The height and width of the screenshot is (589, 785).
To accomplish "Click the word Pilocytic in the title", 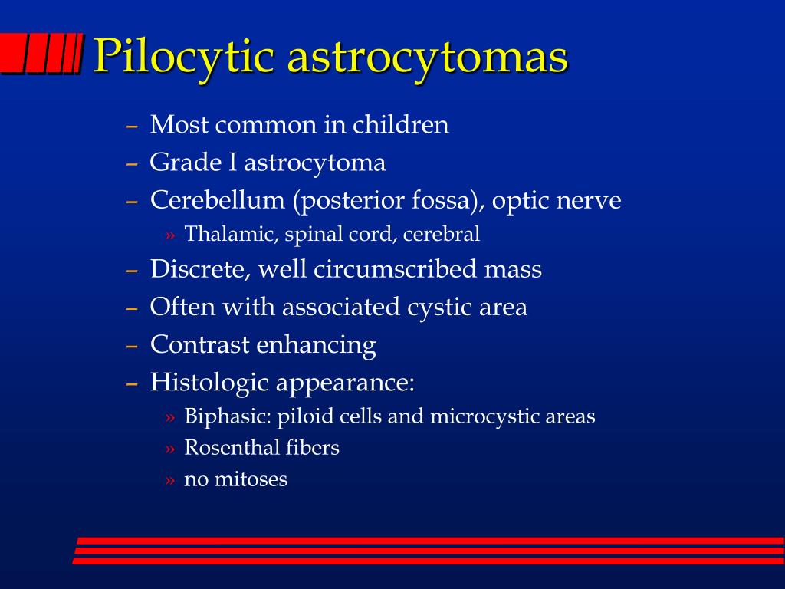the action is pyautogui.click(x=183, y=57).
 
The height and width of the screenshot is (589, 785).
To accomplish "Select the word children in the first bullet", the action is pyautogui.click(x=400, y=124).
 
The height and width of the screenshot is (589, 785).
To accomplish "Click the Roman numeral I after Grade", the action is pyautogui.click(x=233, y=163).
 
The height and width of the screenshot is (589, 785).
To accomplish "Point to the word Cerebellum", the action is pyautogui.click(x=217, y=200).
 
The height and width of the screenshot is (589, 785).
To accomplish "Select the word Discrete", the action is pyautogui.click(x=200, y=269).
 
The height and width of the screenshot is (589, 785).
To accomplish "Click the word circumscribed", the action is pyautogui.click(x=396, y=269).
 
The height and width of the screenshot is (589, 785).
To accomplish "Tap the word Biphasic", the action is pyautogui.click(x=228, y=416).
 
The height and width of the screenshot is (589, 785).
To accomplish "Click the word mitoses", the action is pyautogui.click(x=251, y=479).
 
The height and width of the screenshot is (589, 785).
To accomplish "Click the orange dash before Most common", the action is pyautogui.click(x=132, y=126).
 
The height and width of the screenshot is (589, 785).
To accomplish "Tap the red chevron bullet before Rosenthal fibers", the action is pyautogui.click(x=169, y=449).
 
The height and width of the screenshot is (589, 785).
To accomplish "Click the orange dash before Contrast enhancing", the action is pyautogui.click(x=132, y=346).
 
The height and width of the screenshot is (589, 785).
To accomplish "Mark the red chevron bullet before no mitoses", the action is pyautogui.click(x=169, y=481).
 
